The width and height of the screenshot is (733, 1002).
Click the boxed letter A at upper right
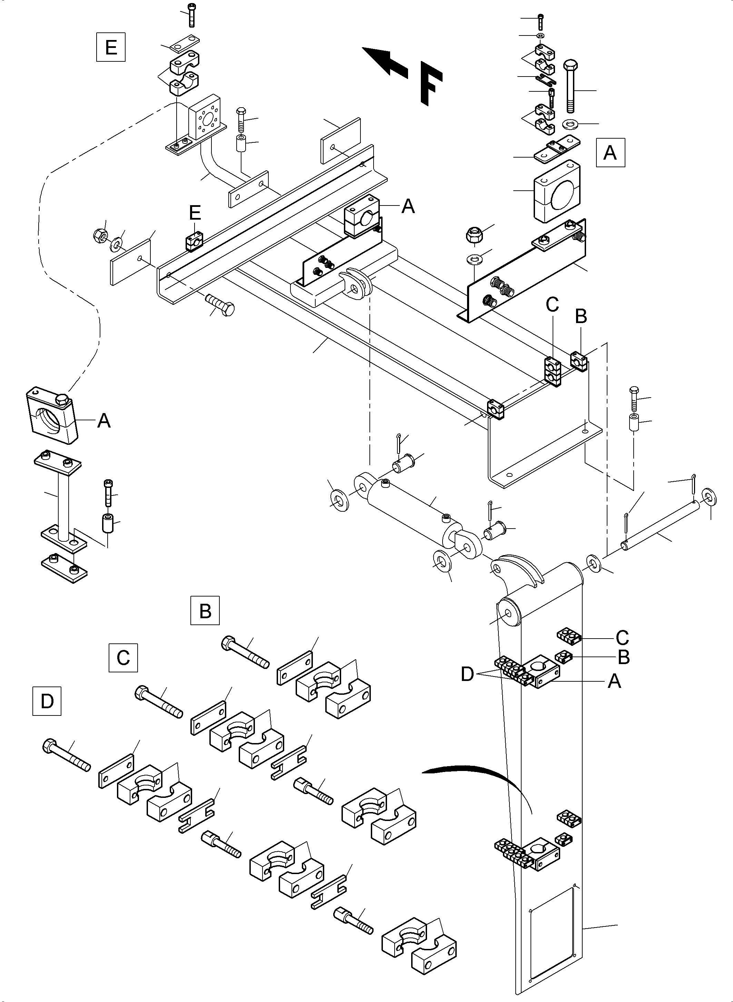pos(610,153)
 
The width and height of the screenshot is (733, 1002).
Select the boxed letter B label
pos(205,611)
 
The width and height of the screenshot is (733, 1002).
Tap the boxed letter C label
pos(123,657)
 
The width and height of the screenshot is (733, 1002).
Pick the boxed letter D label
pos(47,701)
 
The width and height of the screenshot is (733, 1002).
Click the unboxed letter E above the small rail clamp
pos(195,213)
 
